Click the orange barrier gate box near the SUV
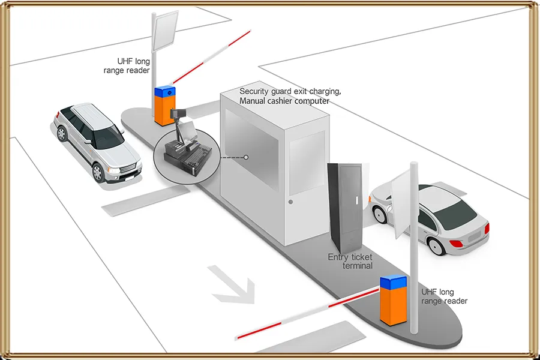[164, 109]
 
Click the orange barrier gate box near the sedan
[394, 302]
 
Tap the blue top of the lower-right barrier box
[394, 281]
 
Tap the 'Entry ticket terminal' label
[350, 261]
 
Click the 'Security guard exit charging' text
[290, 91]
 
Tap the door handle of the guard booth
[290, 202]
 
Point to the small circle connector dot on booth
[246, 158]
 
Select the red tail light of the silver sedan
[457, 244]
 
